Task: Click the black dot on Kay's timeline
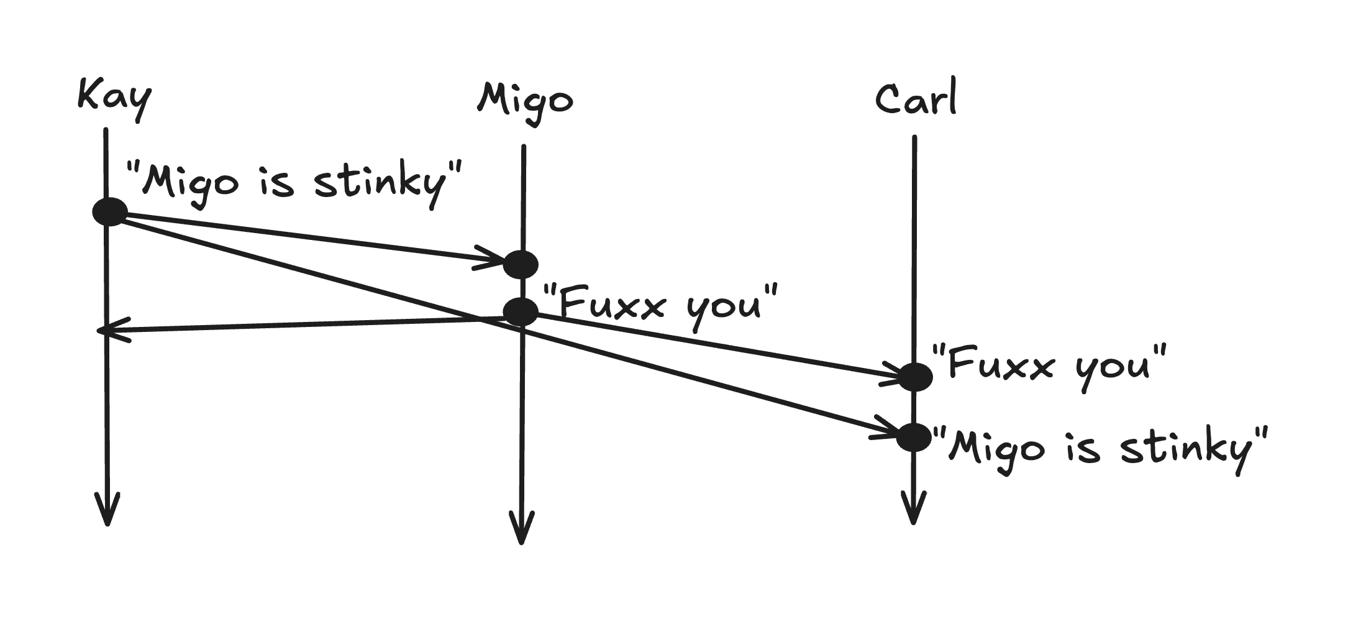110,212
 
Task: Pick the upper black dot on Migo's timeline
520,264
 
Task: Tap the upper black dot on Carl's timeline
914,377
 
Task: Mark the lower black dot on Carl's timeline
914,438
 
